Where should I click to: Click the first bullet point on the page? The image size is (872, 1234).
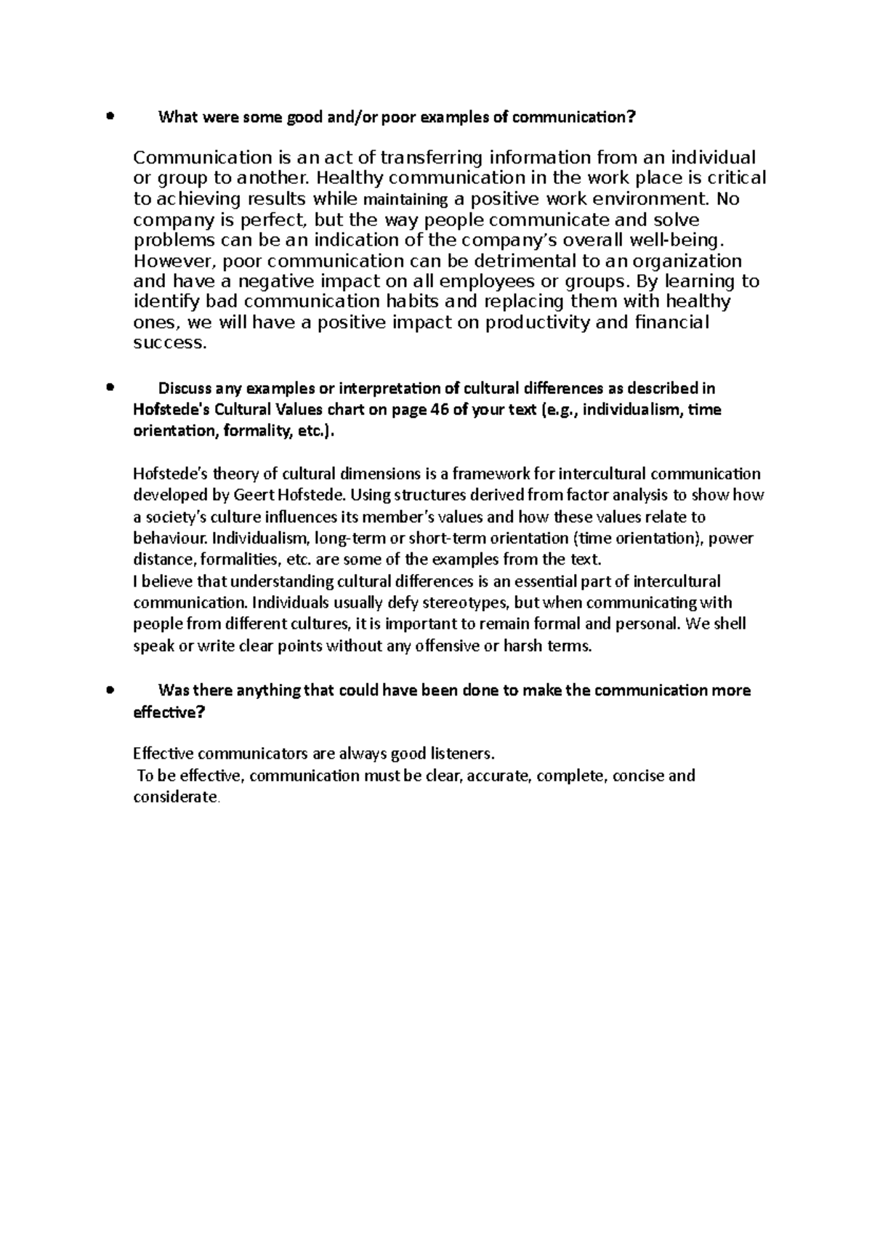pyautogui.click(x=110, y=116)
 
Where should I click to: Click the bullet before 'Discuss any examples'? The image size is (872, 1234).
pyautogui.click(x=110, y=388)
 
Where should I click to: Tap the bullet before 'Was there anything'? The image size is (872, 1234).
pyautogui.click(x=110, y=690)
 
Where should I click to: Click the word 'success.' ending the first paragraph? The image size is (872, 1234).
pyautogui.click(x=170, y=343)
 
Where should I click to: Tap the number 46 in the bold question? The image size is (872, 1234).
pyautogui.click(x=439, y=410)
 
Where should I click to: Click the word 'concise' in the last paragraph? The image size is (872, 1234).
pyautogui.click(x=638, y=775)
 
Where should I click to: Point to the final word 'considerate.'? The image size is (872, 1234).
pyautogui.click(x=176, y=797)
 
